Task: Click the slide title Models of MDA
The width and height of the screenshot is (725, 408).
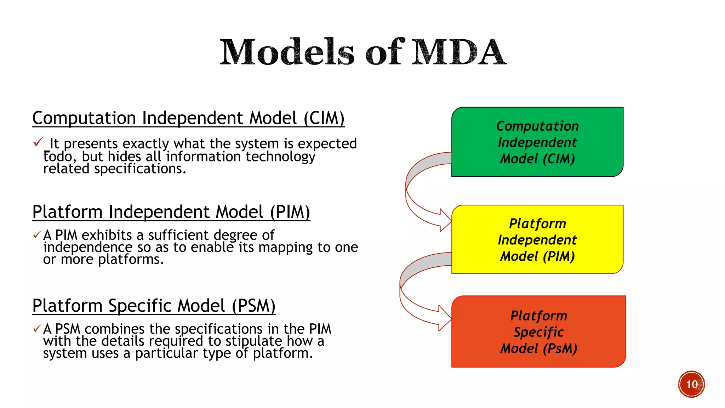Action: (x=363, y=52)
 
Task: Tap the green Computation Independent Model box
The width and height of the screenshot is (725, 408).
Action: (x=537, y=142)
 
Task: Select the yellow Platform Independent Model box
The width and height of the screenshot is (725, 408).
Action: (x=537, y=239)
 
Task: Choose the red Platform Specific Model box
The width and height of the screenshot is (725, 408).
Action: (x=538, y=331)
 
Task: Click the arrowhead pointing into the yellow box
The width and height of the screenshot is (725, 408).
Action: (x=446, y=221)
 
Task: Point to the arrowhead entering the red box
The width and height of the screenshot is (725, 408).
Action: (x=445, y=318)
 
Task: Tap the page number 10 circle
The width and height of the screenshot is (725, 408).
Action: (x=691, y=384)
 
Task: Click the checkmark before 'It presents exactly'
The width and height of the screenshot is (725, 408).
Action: (x=38, y=142)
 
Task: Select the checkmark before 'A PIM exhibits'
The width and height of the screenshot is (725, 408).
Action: (x=37, y=235)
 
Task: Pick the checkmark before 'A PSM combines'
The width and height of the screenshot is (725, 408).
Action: (x=37, y=329)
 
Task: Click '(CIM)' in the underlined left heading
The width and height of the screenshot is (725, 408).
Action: (x=324, y=118)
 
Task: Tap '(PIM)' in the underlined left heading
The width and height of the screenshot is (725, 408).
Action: (x=290, y=212)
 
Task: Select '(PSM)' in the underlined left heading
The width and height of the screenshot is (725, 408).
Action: (x=253, y=306)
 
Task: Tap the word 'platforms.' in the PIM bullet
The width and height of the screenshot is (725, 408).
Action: (x=131, y=260)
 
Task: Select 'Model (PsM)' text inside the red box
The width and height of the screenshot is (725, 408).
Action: (x=538, y=348)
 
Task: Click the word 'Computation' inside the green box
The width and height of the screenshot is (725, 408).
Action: (x=537, y=126)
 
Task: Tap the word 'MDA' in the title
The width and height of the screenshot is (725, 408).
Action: (x=459, y=52)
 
